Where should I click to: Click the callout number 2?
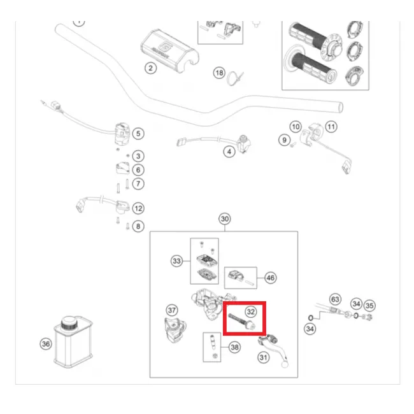pyautogui.click(x=150, y=68)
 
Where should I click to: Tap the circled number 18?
pyautogui.click(x=219, y=74)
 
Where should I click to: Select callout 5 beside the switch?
pyautogui.click(x=138, y=134)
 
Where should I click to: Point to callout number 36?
pyautogui.click(x=45, y=344)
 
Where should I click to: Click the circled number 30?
pyautogui.click(x=224, y=219)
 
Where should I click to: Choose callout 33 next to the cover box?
pyautogui.click(x=176, y=261)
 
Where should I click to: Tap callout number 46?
pyautogui.click(x=271, y=278)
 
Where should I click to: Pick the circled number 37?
pyautogui.click(x=171, y=310)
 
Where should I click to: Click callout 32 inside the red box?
pyautogui.click(x=251, y=311)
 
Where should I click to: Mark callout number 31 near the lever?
pyautogui.click(x=264, y=358)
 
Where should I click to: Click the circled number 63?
pyautogui.click(x=335, y=299)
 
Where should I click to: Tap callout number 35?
pyautogui.click(x=369, y=305)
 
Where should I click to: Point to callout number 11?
pyautogui.click(x=331, y=127)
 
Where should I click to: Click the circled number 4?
pyautogui.click(x=228, y=152)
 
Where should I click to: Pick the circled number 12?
pyautogui.click(x=138, y=208)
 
